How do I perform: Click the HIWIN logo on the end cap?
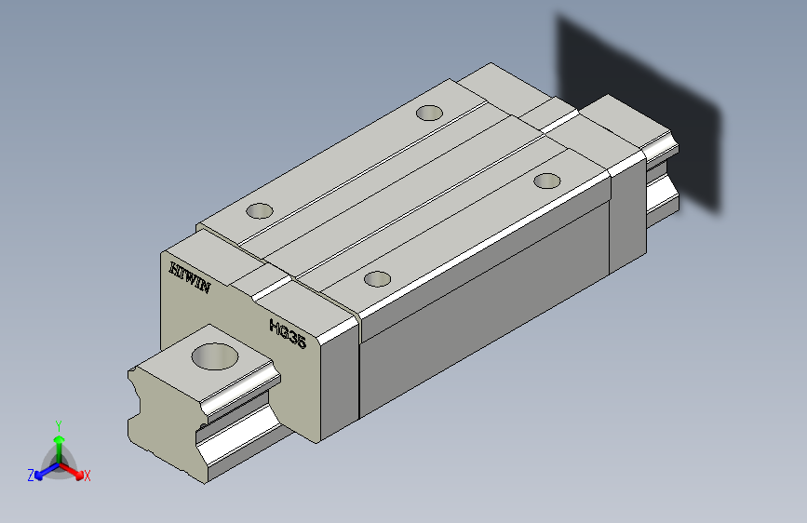coord(190,277)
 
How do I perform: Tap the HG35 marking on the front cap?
coord(288,333)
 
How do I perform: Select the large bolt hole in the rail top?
coord(215,356)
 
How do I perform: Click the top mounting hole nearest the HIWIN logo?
coord(260,210)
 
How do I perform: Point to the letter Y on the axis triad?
coord(59,426)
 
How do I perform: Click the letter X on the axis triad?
coord(87,476)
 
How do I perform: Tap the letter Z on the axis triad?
coord(31,476)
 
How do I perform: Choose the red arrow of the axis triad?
coord(72,471)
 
